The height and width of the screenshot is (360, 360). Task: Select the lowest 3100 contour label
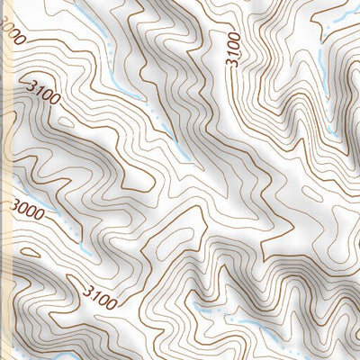pos(99,296)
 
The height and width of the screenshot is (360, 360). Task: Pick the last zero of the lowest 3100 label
pos(111,303)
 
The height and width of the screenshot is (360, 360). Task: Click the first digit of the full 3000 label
pos(15,204)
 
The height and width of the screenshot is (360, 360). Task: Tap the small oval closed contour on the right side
pos(311,193)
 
